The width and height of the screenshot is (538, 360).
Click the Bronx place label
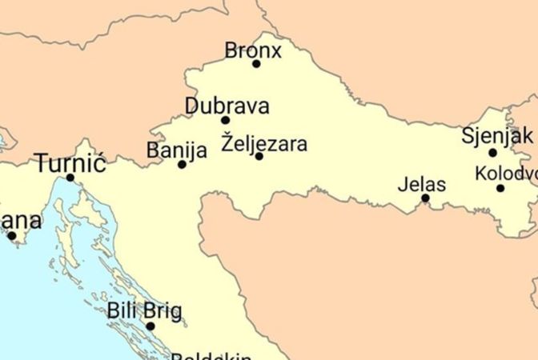click(253, 50)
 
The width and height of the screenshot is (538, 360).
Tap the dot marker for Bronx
click(256, 64)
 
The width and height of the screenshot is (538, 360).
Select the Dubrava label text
click(227, 106)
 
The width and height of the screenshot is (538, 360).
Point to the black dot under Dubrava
click(226, 120)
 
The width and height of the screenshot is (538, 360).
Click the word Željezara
click(263, 144)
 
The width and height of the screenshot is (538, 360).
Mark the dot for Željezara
click(259, 156)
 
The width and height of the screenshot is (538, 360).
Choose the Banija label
click(177, 150)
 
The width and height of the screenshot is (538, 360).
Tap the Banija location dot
click(182, 164)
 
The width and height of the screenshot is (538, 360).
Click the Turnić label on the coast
click(70, 164)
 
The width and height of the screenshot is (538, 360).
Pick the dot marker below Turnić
click(70, 178)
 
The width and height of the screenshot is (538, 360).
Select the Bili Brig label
click(145, 310)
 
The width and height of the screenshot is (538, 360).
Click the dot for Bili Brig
click(150, 326)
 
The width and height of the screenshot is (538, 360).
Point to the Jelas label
click(422, 185)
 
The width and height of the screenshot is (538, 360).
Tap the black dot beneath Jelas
click(425, 198)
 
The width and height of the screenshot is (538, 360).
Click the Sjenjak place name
click(497, 135)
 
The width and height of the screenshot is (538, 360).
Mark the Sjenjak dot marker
click(493, 152)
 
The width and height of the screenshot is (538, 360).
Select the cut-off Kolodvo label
click(506, 173)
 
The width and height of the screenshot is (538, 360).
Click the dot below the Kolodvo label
click(500, 188)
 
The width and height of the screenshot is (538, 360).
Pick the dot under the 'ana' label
click(11, 235)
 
